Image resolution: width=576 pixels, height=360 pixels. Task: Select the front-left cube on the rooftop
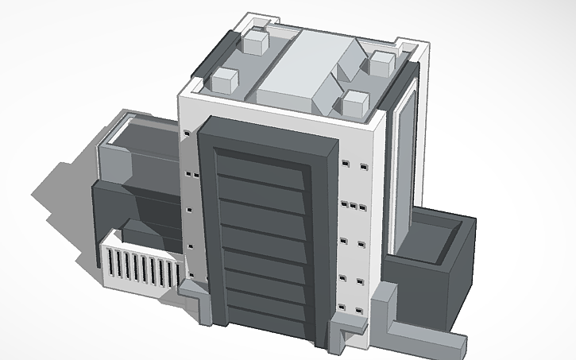tap(225, 81)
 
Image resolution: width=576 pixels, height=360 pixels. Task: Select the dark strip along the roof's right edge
tap(401, 87)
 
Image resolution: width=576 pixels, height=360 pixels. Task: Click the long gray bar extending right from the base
tap(425, 338)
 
